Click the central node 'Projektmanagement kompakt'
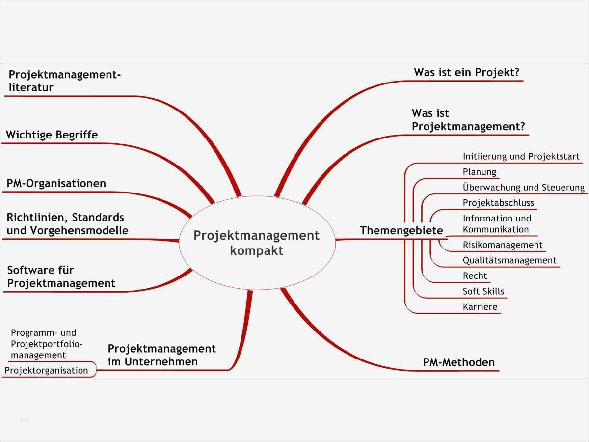257,243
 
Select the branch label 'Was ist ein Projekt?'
466,73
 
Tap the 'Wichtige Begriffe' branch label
52,135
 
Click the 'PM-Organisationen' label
56,184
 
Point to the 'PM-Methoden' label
459,363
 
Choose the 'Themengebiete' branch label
401,231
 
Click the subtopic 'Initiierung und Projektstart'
521,157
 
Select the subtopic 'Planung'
480,172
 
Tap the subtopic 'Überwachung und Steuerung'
523,187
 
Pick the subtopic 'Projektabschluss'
498,203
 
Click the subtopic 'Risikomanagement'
503,245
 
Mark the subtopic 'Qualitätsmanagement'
509,260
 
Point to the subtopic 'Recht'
475,276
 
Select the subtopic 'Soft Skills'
483,291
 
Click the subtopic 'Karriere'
480,307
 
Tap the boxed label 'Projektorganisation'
47,371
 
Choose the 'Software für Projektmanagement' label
61,277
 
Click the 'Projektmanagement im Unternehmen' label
161,355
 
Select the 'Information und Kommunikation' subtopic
497,224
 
